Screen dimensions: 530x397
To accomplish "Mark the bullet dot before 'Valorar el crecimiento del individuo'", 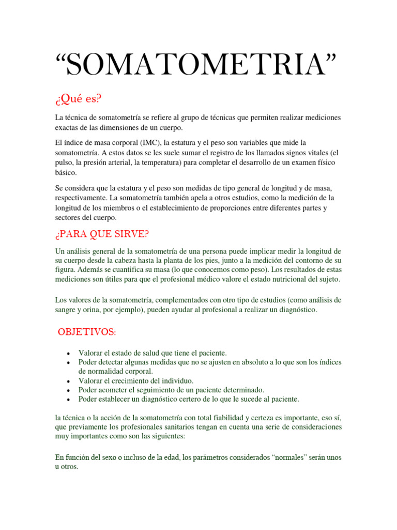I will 69,381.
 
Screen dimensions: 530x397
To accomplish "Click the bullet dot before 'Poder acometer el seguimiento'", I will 69,390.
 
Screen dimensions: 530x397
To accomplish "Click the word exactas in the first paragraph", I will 67,127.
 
